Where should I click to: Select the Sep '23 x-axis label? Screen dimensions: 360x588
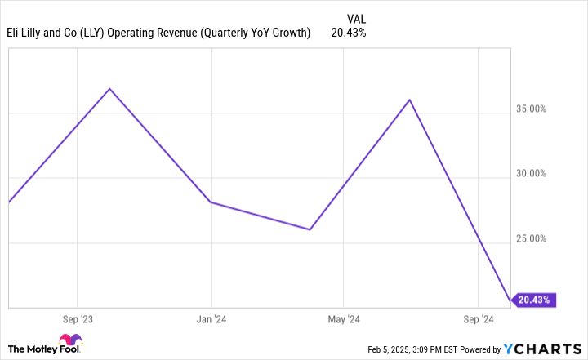[77, 319]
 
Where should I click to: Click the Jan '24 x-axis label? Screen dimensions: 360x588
[211, 319]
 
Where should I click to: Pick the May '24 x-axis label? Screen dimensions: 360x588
[344, 319]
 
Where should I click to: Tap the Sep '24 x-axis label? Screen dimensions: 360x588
[477, 319]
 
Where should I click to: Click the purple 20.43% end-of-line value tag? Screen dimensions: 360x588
[536, 300]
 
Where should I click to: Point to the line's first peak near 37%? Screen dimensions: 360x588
[109, 88]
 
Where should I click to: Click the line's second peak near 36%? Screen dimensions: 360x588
[409, 100]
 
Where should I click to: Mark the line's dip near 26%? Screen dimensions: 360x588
[310, 229]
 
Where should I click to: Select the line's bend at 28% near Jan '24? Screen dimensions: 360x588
[211, 202]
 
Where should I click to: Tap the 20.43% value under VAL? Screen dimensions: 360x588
[349, 33]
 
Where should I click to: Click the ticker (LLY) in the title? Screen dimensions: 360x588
[114, 33]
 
